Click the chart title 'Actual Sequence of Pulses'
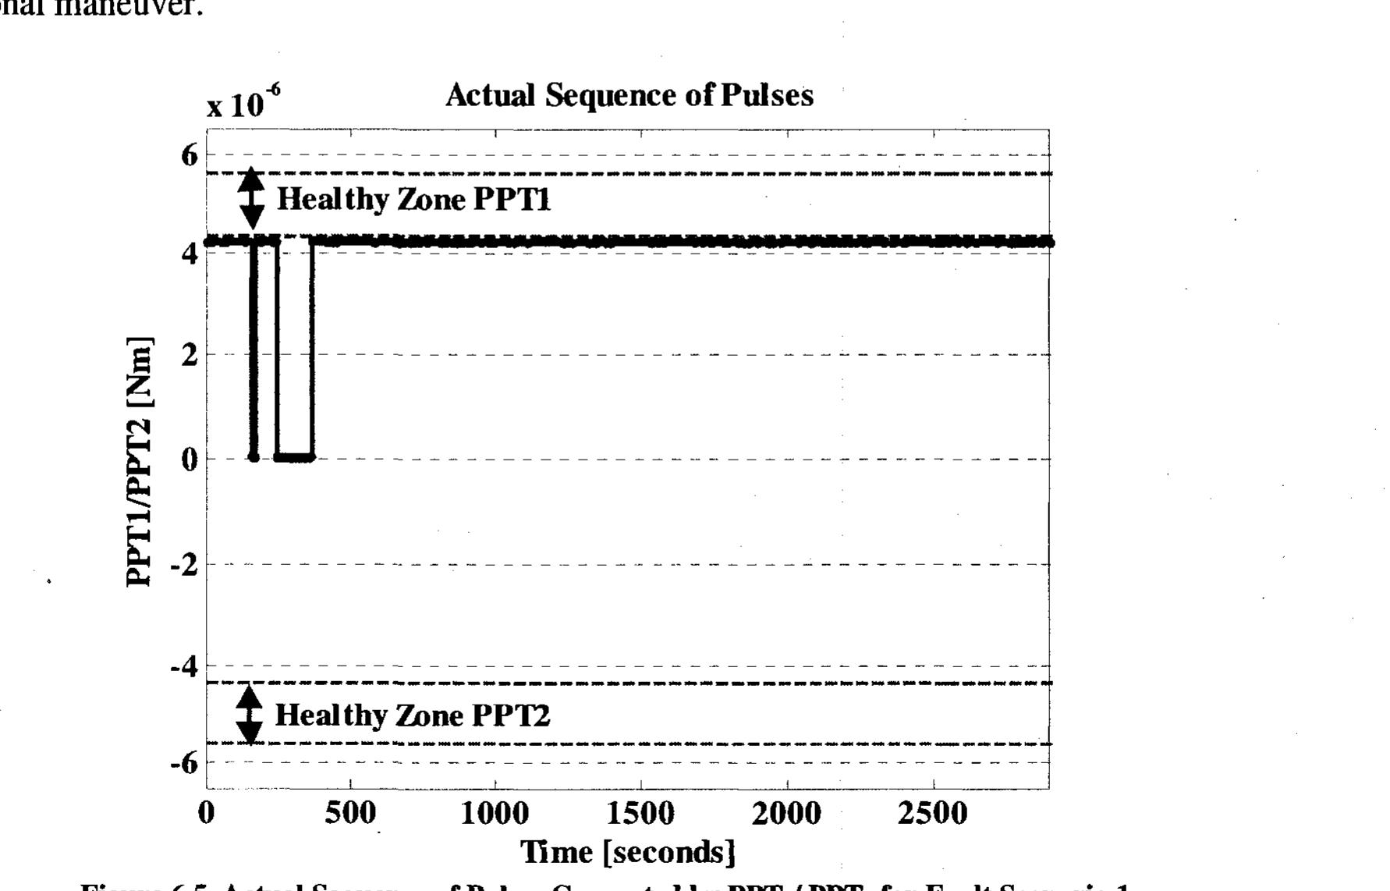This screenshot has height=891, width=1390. pyautogui.click(x=629, y=96)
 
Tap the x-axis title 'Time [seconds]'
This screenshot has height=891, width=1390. pyautogui.click(x=628, y=851)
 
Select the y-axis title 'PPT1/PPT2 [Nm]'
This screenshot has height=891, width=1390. pyautogui.click(x=140, y=461)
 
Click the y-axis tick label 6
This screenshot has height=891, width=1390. pyautogui.click(x=190, y=155)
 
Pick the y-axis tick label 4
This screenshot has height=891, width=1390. pyautogui.click(x=190, y=253)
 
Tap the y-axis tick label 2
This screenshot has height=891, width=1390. pyautogui.click(x=190, y=355)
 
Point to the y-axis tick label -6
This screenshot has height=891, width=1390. pyautogui.click(x=184, y=762)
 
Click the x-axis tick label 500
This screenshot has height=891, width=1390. pyautogui.click(x=350, y=814)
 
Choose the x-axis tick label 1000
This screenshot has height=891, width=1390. pyautogui.click(x=495, y=814)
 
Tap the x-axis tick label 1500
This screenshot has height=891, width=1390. pyautogui.click(x=640, y=814)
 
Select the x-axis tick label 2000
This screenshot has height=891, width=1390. pyautogui.click(x=786, y=814)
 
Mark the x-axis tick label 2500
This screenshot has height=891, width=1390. pyautogui.click(x=933, y=814)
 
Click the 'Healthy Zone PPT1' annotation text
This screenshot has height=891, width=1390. pyautogui.click(x=414, y=200)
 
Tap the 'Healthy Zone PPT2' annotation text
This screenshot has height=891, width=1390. pyautogui.click(x=413, y=715)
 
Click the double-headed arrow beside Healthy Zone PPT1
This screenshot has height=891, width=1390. pyautogui.click(x=251, y=198)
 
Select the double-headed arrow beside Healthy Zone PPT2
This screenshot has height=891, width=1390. pyautogui.click(x=250, y=713)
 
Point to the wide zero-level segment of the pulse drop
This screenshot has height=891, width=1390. pyautogui.click(x=294, y=457)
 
